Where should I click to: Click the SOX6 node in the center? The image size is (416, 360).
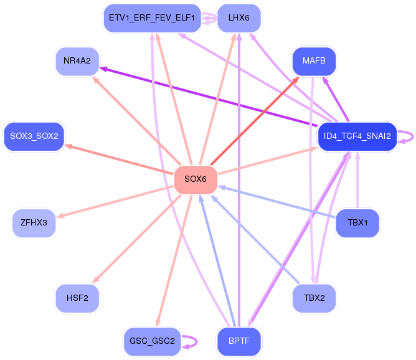196,179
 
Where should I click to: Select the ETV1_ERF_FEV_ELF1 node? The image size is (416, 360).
151,18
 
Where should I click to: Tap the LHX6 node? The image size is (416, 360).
239,18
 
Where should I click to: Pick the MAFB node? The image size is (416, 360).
314,61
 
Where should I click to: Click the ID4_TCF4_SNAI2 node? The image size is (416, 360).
357,136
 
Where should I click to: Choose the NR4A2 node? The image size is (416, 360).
77,61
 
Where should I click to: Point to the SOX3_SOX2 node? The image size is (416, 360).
34,136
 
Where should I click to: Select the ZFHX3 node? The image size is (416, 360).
34,222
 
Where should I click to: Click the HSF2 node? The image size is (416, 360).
77,298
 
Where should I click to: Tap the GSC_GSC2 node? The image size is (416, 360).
151,341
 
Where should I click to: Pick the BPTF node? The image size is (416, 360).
239,341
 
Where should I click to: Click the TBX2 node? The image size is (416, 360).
314,298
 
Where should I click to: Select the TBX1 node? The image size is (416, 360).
357,222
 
